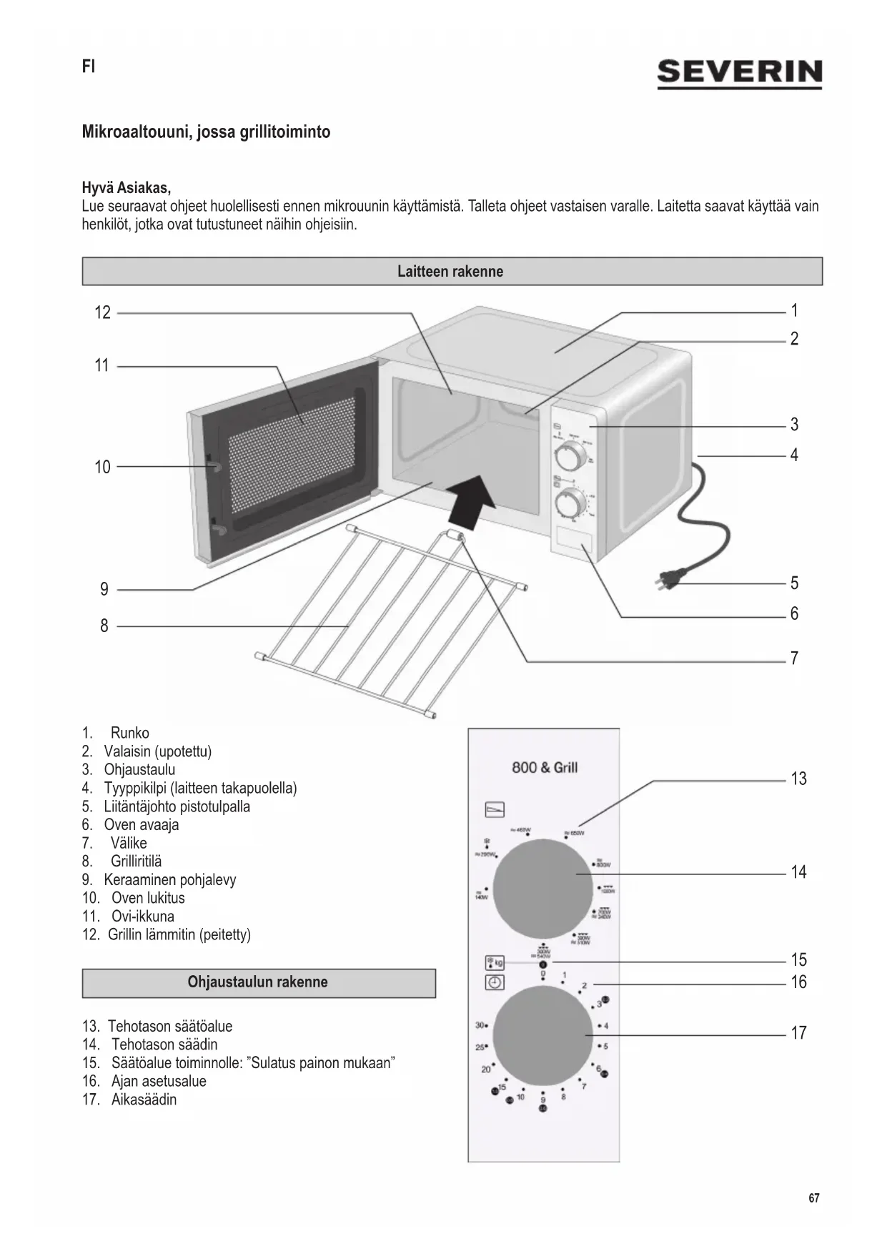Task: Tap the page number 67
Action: [814, 1198]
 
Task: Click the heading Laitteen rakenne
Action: [451, 272]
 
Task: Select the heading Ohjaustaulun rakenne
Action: [258, 982]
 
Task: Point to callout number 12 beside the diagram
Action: [103, 312]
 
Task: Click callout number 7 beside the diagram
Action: [794, 658]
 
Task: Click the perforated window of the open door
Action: [292, 450]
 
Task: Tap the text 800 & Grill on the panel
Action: [545, 768]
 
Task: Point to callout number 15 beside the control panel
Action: [798, 959]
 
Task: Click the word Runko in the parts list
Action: [130, 733]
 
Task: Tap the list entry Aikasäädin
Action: [144, 1100]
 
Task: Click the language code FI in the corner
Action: [89, 67]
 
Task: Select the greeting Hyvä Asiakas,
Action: [127, 189]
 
